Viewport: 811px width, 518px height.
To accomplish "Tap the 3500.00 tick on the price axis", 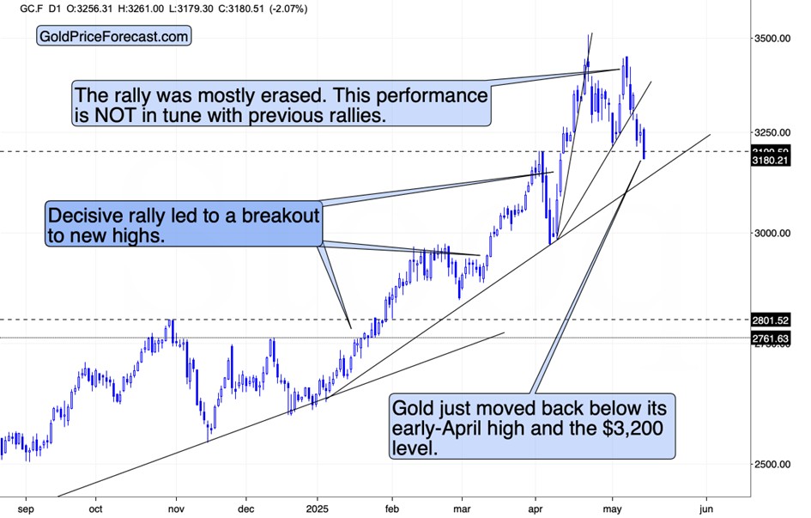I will click(771, 39).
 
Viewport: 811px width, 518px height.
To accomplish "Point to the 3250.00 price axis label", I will click(771, 133).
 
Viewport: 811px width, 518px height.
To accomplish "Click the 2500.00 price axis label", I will click(771, 465).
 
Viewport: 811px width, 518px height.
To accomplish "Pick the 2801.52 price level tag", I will click(771, 320).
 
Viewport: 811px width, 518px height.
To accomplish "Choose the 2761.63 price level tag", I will click(771, 338).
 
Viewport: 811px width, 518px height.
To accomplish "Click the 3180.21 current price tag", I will click(771, 160).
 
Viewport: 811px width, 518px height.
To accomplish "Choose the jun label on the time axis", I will click(706, 507).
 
